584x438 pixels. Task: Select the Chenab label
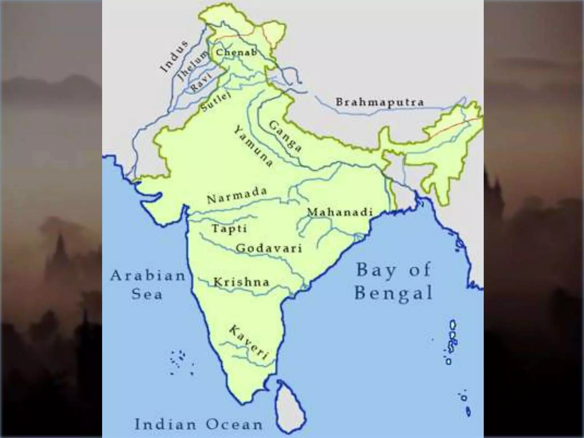[x=236, y=52]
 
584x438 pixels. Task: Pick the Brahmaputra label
[x=380, y=102]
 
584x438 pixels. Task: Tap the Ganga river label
[x=285, y=136]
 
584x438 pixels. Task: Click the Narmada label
[x=237, y=195]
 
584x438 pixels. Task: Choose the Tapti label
[x=229, y=228]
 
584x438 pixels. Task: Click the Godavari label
[x=269, y=248]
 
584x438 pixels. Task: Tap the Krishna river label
[x=241, y=282]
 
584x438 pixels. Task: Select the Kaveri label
[x=248, y=342]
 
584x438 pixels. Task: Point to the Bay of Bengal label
[x=394, y=281]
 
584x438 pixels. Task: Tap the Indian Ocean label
[x=198, y=424]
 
